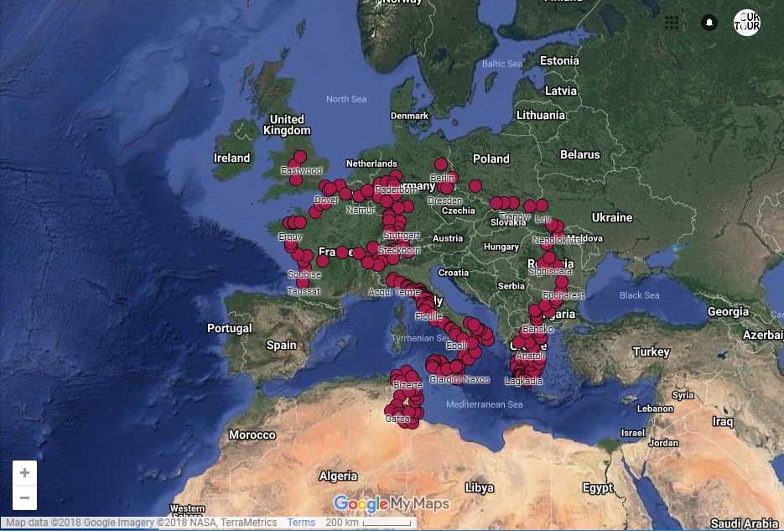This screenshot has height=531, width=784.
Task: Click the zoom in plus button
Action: point(24,473)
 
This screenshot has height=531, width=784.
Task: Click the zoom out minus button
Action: point(24,497)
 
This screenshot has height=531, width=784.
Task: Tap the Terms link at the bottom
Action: point(301,523)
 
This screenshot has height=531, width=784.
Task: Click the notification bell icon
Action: point(709,23)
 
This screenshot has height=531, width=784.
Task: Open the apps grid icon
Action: point(672,23)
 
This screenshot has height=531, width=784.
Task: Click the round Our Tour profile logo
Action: point(746,23)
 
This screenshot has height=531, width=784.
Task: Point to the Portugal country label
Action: point(229,328)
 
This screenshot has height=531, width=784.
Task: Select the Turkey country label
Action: point(652,351)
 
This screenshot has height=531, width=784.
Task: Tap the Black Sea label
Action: point(639,295)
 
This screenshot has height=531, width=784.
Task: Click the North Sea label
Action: point(346,99)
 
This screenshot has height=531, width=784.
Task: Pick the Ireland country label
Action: point(231,158)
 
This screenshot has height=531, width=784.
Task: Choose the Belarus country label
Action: point(579,154)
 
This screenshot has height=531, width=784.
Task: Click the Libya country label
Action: point(479,487)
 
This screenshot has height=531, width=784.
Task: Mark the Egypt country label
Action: point(598,487)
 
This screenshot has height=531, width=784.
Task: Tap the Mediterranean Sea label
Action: point(484,404)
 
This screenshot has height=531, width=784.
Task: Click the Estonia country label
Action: point(559,60)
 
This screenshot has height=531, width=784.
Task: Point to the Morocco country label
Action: point(252,435)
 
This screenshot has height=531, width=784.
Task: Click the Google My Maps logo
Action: point(392,503)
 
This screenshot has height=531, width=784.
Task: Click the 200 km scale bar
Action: point(367,523)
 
